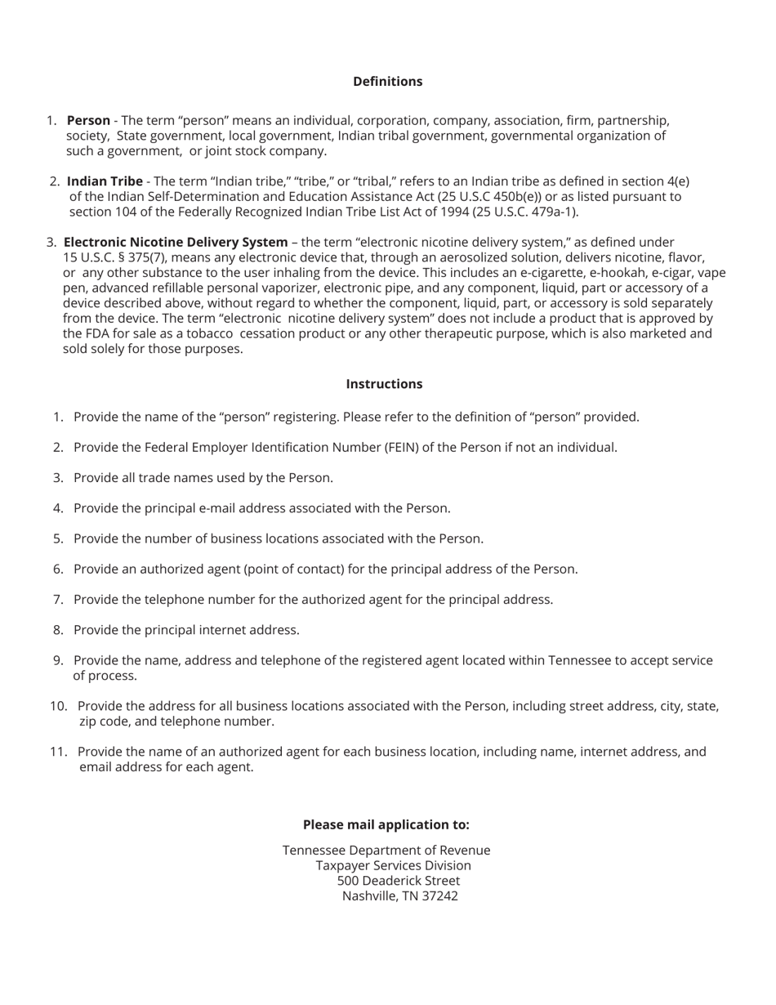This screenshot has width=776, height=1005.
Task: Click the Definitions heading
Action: tap(387, 82)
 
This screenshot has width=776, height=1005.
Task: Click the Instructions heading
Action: tap(384, 384)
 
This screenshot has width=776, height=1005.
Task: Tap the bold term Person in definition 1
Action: tap(88, 121)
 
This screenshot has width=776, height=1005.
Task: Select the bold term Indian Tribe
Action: tap(105, 181)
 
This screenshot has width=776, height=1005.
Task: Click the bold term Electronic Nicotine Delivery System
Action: tap(176, 243)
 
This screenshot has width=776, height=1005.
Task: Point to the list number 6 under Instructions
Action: tap(58, 569)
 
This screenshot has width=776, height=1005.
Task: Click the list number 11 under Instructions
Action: tap(58, 752)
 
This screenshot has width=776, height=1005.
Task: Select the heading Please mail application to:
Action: tap(386, 824)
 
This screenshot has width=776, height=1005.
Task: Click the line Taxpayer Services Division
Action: tap(393, 865)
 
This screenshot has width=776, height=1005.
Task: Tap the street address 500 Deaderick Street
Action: tap(398, 881)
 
